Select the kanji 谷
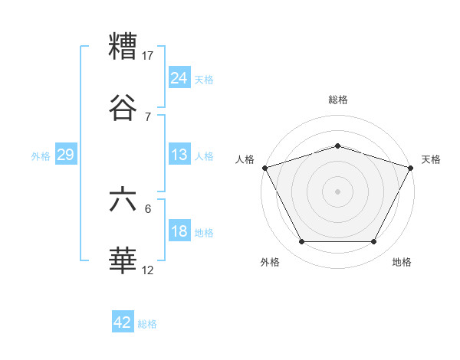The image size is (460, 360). point(123,108)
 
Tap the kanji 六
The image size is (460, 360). point(123,200)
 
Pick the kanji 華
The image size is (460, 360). point(123,261)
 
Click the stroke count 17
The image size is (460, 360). point(148,55)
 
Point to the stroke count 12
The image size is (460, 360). point(148,270)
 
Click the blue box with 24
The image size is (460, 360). point(179,78)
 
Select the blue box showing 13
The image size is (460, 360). point(179,155)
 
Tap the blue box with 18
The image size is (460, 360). point(179,231)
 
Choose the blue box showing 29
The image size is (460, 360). point(66,155)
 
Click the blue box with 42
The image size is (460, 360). point(123,322)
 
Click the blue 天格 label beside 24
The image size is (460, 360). point(204,80)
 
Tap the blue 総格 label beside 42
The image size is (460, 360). point(147,324)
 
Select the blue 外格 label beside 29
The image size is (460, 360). point(41,156)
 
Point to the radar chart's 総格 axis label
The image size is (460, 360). point(338,100)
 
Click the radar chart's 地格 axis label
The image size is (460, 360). point(402,262)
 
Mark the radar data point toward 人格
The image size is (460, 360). point(264,168)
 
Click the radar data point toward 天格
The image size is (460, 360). point(411,168)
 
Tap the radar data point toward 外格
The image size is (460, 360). point(301,242)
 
